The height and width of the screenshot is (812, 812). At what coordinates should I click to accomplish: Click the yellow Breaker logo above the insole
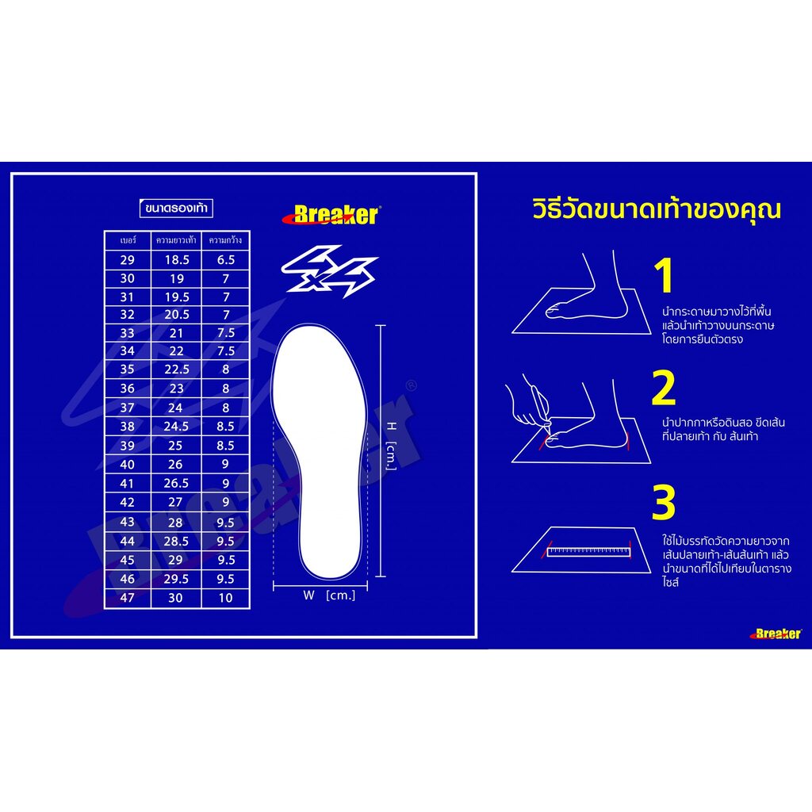coord(331,215)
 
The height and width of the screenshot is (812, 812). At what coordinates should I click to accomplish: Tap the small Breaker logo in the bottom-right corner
coord(776,634)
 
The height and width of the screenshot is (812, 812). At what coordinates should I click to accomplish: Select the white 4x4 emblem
coord(329,270)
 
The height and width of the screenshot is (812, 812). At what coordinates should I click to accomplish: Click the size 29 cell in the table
coord(128,260)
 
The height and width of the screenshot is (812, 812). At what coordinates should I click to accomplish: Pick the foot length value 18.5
coord(177,260)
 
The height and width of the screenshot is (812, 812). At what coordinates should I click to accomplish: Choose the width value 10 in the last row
coord(225,598)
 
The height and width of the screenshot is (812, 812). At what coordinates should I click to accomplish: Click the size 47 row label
coord(128,598)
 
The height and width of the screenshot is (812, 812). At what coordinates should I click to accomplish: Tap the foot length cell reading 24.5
coord(176,427)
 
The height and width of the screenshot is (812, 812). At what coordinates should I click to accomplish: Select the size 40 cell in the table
coord(128,465)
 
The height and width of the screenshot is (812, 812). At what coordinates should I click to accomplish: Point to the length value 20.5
coord(177,315)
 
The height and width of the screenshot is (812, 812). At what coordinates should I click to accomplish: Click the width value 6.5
coord(226,260)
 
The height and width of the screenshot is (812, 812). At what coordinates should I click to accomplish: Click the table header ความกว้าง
coord(225,240)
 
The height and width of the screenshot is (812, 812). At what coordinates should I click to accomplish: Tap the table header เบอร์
coord(128,240)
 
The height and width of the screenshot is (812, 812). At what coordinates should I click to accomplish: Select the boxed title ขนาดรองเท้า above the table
coord(177,209)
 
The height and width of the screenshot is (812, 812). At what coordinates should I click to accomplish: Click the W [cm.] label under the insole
coord(329,596)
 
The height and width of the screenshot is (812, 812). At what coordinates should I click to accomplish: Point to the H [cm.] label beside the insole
coord(392,446)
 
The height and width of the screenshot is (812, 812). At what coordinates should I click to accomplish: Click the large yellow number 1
coord(664,276)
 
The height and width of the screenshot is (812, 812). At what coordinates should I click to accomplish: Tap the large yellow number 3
coord(664,502)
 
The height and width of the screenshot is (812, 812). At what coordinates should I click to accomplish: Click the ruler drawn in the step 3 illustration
coord(589,552)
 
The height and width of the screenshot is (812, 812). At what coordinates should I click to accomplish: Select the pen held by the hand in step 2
coord(541,408)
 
